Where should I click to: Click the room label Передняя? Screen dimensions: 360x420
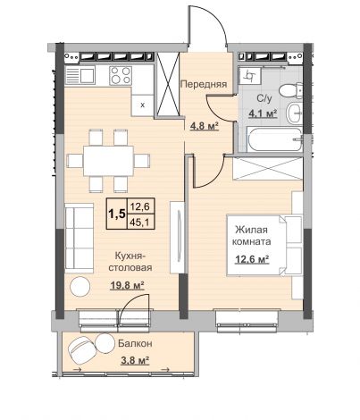click(x=204, y=84)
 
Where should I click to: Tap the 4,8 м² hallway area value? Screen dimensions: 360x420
click(x=205, y=126)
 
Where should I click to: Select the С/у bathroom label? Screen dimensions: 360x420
click(x=264, y=98)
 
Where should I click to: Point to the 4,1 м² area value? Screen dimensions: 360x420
click(x=263, y=113)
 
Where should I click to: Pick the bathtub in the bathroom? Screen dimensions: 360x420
click(x=274, y=139)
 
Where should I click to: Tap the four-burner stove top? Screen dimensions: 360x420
click(x=121, y=75)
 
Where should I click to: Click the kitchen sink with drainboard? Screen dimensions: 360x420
click(x=80, y=75)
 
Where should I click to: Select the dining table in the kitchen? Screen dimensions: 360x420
click(x=108, y=161)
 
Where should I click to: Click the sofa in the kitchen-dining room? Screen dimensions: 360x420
click(x=80, y=238)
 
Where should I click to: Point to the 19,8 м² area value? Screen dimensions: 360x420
click(x=127, y=285)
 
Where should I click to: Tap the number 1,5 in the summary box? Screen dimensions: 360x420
click(x=117, y=214)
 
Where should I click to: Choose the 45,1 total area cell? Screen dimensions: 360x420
click(x=140, y=222)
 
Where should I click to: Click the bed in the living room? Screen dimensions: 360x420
click(x=264, y=245)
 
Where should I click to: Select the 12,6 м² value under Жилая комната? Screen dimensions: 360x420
click(x=252, y=259)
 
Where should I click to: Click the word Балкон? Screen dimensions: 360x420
click(x=135, y=343)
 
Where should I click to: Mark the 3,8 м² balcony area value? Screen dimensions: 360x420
click(x=135, y=360)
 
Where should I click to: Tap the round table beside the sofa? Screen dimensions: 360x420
click(x=80, y=287)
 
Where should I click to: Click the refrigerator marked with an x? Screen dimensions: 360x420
click(x=143, y=105)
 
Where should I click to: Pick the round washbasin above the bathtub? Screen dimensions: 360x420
click(x=295, y=113)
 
